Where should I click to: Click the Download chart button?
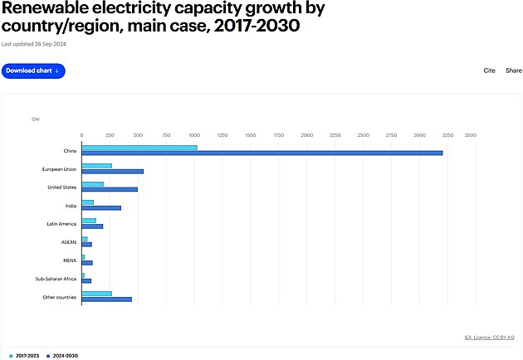click(33, 71)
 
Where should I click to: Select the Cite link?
click(490, 71)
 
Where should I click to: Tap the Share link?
click(514, 71)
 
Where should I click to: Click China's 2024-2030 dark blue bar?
click(261, 153)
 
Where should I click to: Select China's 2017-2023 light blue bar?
click(139, 148)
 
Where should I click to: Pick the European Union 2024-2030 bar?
click(112, 171)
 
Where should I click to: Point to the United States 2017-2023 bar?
click(92, 184)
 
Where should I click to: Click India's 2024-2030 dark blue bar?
click(101, 207)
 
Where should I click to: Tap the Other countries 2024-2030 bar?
click(106, 299)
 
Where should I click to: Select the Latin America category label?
click(61, 223)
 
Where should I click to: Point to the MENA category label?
click(70, 260)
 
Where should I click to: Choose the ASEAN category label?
click(68, 241)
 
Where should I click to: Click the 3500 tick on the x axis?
click(470, 134)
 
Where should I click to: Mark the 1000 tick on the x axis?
click(193, 134)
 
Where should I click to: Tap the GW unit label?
click(36, 119)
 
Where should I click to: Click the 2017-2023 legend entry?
click(27, 355)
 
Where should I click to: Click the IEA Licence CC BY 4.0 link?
click(489, 337)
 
